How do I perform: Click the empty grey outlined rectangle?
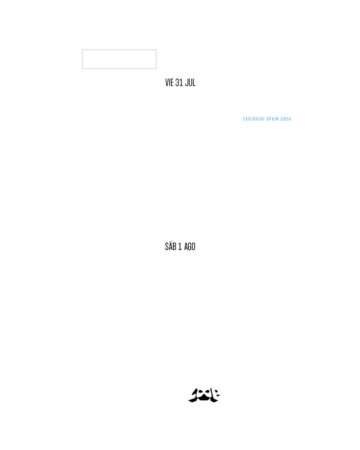(119, 59)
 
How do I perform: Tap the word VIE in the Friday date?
(169, 83)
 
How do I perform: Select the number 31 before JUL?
(179, 83)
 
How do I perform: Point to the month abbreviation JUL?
(190, 83)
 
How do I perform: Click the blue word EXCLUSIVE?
(254, 119)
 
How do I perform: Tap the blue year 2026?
(286, 119)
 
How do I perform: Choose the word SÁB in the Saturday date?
(170, 247)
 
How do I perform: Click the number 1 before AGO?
(180, 247)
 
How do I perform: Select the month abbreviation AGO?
(190, 247)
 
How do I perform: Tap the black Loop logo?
(204, 395)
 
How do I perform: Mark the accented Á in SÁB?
(170, 247)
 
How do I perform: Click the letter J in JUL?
(187, 83)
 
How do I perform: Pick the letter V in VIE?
(167, 83)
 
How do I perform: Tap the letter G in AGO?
(190, 247)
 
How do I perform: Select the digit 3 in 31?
(177, 83)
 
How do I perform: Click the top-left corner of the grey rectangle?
(82, 50)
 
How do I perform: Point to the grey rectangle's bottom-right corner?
(156, 68)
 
